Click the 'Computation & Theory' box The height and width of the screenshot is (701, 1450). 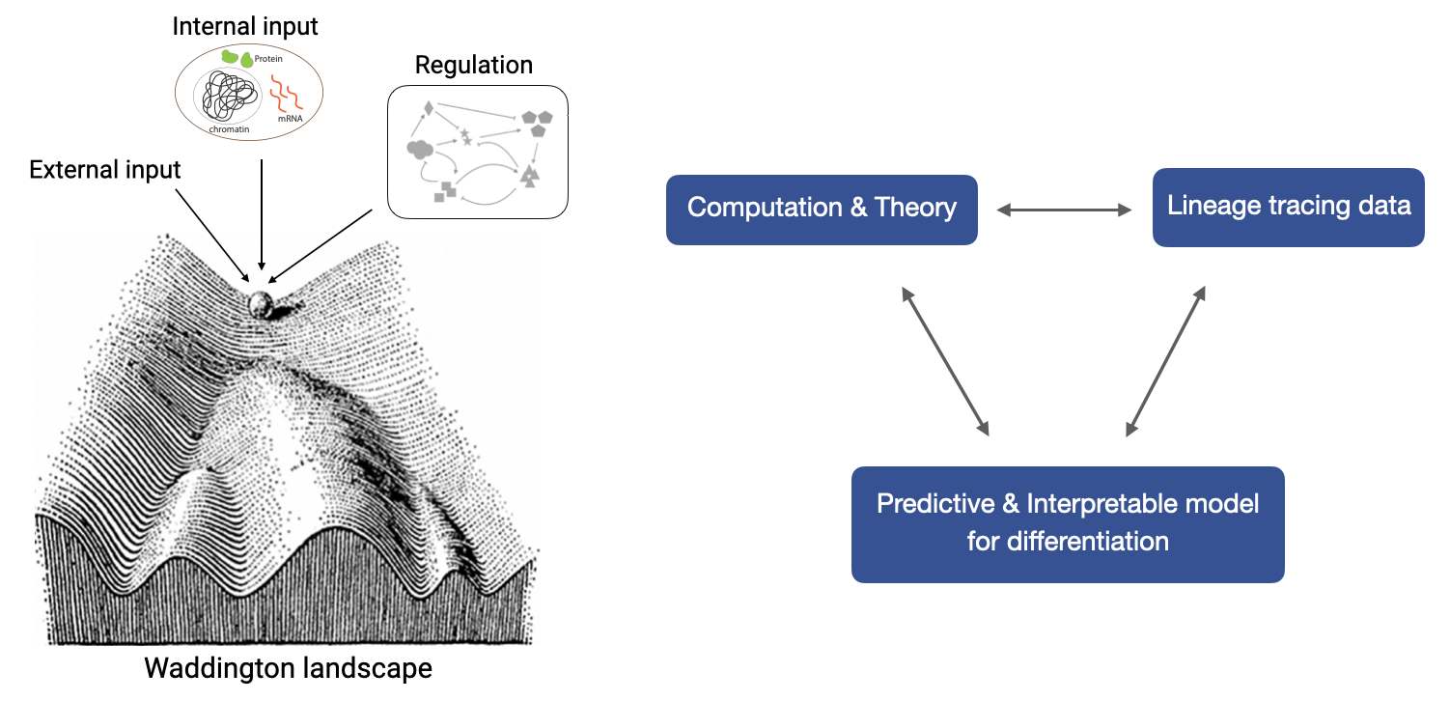click(x=822, y=210)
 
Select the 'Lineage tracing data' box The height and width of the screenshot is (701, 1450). click(x=1288, y=208)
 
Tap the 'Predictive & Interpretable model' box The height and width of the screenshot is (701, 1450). click(x=1068, y=524)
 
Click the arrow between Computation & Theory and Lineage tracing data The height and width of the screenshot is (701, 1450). click(x=1064, y=210)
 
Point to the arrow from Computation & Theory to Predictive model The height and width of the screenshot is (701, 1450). click(x=945, y=361)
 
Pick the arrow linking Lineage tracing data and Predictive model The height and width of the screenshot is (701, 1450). click(x=1166, y=361)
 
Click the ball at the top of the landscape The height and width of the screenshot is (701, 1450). click(x=262, y=304)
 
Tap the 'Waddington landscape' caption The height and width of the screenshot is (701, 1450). click(x=288, y=668)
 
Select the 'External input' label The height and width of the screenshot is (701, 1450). click(x=105, y=170)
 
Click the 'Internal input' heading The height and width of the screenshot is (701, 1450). click(x=244, y=27)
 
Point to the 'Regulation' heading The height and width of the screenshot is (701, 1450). click(x=473, y=66)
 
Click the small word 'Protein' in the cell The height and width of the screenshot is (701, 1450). click(x=268, y=59)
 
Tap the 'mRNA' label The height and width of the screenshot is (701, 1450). click(x=290, y=119)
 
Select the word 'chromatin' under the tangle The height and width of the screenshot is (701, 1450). click(x=229, y=129)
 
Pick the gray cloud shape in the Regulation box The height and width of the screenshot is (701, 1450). click(x=420, y=150)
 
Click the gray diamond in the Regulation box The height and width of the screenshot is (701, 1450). click(x=428, y=108)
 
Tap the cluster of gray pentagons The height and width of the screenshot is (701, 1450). click(x=538, y=123)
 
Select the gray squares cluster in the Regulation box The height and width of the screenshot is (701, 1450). click(x=445, y=191)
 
